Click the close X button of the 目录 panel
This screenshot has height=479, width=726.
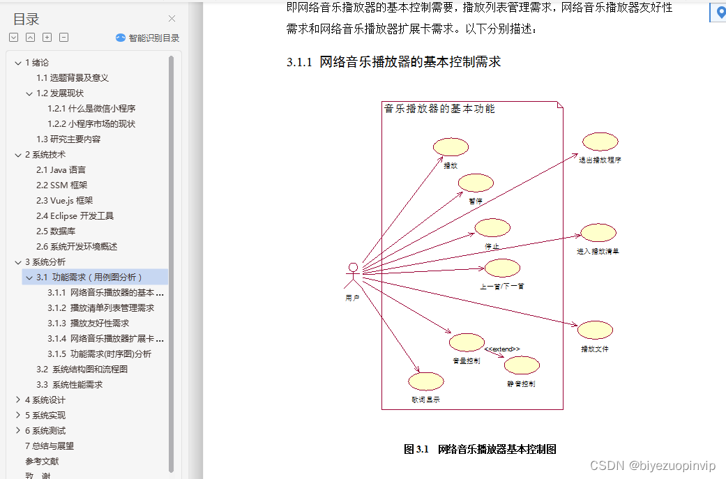point(172,19)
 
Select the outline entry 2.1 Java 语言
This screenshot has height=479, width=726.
point(61,169)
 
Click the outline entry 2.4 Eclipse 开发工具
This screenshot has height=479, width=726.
point(75,215)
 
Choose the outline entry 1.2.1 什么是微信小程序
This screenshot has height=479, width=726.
point(91,108)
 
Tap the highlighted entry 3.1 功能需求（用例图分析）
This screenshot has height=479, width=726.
point(89,277)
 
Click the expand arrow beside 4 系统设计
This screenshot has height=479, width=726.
point(17,400)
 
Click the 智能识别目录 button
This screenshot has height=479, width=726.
point(148,38)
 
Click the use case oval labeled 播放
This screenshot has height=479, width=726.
point(451,147)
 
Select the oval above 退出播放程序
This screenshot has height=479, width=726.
point(600,142)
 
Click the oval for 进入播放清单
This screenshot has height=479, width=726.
point(598,233)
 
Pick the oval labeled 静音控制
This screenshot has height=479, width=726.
point(522,365)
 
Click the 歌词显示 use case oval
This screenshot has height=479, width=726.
point(425,381)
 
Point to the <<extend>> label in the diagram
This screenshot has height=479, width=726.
point(501,349)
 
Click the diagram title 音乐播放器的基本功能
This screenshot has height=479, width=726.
point(439,109)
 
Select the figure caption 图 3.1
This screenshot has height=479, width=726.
point(416,449)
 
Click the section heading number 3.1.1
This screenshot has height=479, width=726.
point(299,62)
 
